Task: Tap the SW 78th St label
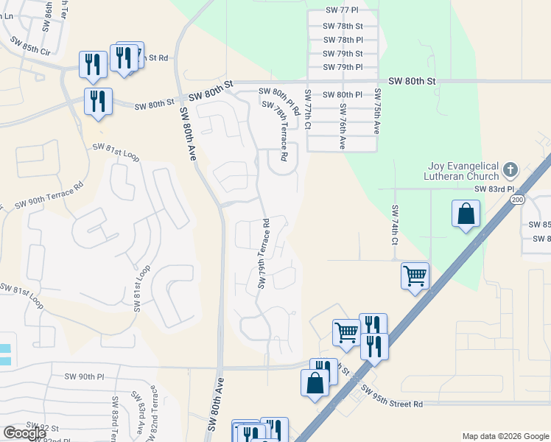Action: pyautogui.click(x=343, y=26)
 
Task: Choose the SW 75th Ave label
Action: pyautogui.click(x=377, y=110)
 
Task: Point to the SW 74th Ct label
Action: pyautogui.click(x=395, y=225)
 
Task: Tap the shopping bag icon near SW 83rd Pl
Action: pyautogui.click(x=466, y=214)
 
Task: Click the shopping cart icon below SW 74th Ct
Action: pyautogui.click(x=415, y=276)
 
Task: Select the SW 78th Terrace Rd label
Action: pyautogui.click(x=281, y=133)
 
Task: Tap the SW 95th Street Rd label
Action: pyautogui.click(x=392, y=400)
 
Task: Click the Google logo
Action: pyautogui.click(x=25, y=433)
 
